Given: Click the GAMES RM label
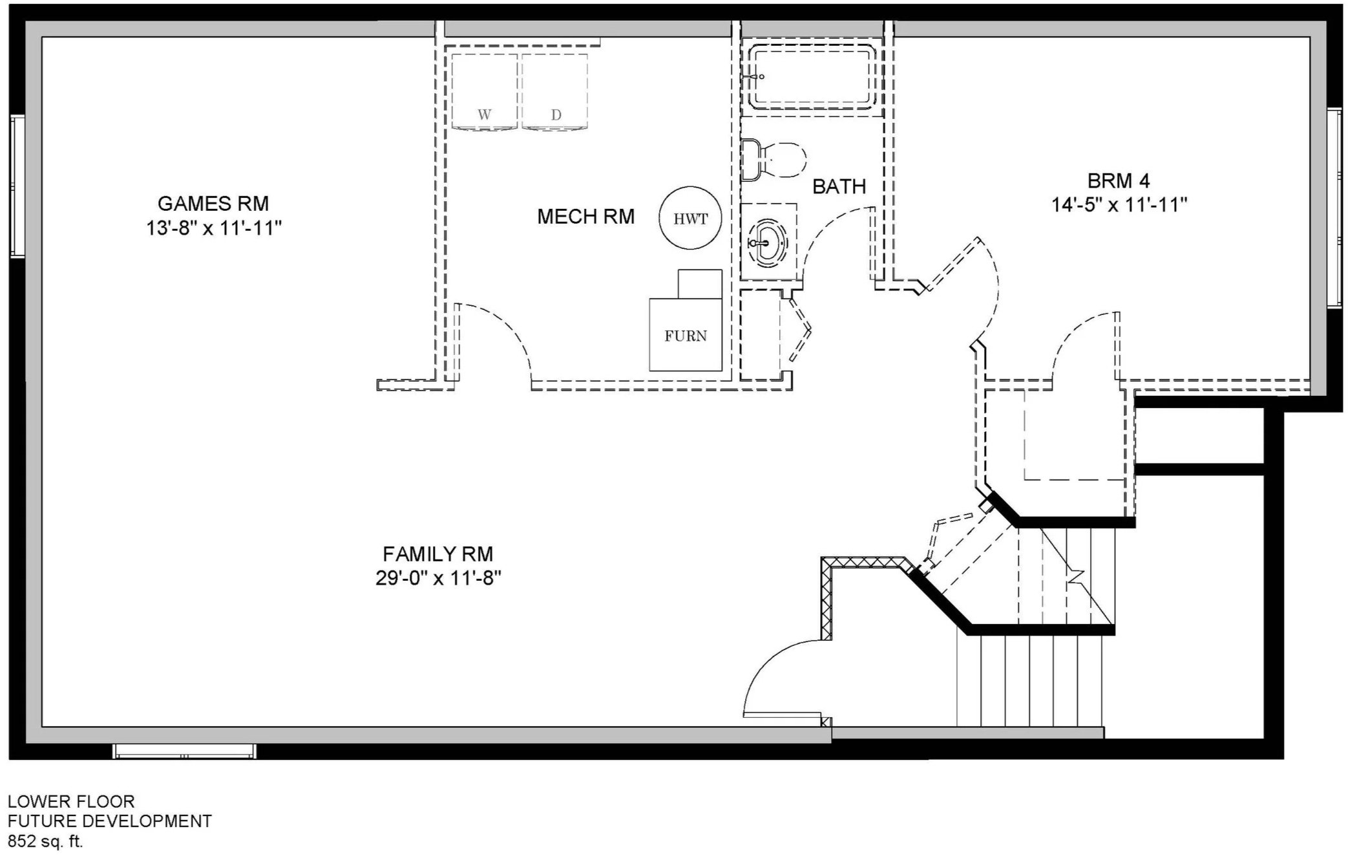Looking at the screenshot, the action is [213, 204].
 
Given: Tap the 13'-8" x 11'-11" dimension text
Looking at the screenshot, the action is [214, 228].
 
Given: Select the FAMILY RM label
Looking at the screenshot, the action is [437, 554].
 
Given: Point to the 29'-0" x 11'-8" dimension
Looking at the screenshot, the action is [439, 578].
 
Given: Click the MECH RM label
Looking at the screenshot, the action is [585, 217].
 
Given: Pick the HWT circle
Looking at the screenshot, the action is [690, 219].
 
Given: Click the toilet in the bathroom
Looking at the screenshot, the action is [774, 158].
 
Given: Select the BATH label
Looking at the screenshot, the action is [839, 187].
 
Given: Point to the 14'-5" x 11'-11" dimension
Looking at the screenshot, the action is [1119, 205].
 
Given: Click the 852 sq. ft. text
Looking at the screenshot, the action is [45, 841].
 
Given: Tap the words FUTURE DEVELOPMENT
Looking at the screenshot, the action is [110, 821].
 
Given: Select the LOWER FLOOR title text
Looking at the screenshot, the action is [71, 802].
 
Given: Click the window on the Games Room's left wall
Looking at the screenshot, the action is [17, 187].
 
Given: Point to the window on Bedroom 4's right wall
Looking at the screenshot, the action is [1334, 208].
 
